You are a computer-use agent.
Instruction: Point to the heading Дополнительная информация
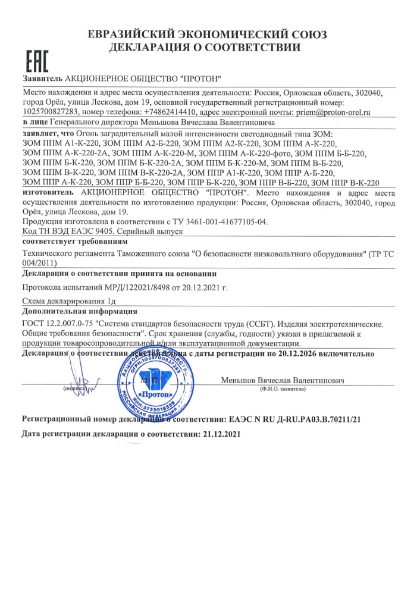(x=79, y=312)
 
